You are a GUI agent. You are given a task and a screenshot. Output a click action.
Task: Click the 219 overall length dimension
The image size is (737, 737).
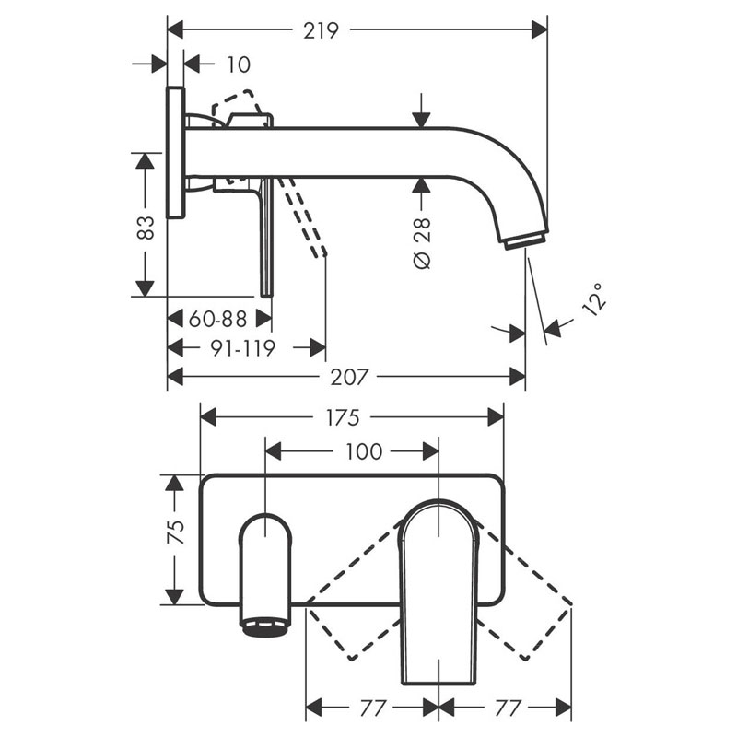[x=321, y=31]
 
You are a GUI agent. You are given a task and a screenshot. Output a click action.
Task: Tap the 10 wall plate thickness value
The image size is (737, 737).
[x=239, y=64]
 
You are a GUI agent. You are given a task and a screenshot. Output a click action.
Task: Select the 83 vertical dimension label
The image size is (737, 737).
[x=146, y=228]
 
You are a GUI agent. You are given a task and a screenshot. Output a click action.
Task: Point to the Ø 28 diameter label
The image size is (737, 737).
[x=422, y=243]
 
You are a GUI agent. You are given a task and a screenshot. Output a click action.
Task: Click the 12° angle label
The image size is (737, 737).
[x=593, y=299]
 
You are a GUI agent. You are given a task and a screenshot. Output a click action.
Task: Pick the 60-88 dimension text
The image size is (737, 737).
[x=217, y=319]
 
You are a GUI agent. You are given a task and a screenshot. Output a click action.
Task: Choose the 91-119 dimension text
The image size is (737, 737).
[x=242, y=348]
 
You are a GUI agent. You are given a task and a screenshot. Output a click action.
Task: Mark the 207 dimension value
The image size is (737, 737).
[x=350, y=377]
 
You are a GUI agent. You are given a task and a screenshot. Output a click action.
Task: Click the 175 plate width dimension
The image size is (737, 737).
[x=343, y=417]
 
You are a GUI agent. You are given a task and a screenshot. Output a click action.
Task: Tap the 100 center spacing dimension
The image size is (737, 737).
[x=364, y=451]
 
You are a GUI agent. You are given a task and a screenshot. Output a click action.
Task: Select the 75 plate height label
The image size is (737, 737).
[x=176, y=532]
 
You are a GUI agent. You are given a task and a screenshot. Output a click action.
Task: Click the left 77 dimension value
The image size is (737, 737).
[x=373, y=708]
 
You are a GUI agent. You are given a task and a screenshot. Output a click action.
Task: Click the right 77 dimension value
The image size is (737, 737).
[x=509, y=708]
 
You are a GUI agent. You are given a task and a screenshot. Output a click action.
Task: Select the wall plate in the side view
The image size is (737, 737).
[x=176, y=152]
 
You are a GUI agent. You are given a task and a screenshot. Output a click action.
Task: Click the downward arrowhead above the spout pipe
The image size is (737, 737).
[x=422, y=120]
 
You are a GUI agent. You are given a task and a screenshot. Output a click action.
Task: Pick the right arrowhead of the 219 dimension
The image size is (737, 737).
[x=540, y=30]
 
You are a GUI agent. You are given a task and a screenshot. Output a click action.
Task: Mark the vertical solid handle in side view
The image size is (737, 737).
[x=266, y=237]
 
